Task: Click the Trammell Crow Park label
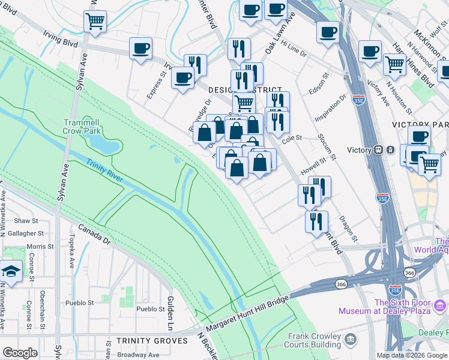(85, 127)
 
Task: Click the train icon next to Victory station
(378, 150)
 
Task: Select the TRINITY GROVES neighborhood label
(152, 341)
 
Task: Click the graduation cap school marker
(10, 272)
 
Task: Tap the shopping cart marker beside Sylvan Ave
(95, 22)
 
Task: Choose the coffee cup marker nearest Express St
(140, 48)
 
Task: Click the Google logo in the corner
(20, 352)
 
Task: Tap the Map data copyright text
(411, 355)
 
